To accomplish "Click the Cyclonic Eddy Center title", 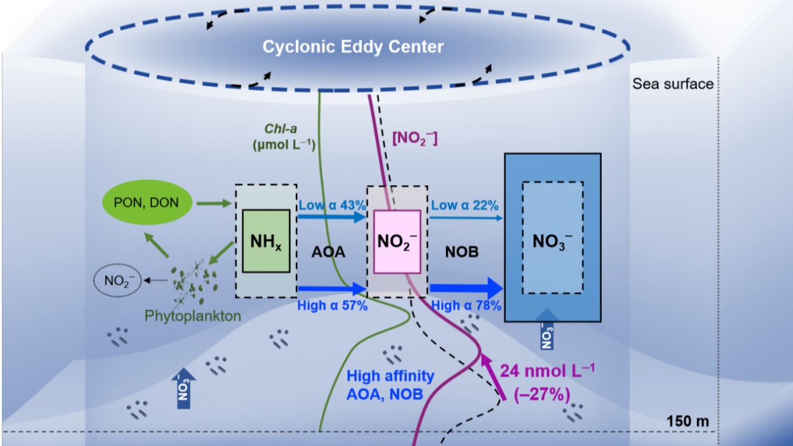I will [x=353, y=47].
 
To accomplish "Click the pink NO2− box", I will [x=396, y=242].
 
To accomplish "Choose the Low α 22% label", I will [x=464, y=205].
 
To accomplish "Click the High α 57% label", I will [x=331, y=306].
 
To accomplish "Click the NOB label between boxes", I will [x=462, y=252].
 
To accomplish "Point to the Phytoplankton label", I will [x=193, y=316].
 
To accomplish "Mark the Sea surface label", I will [x=673, y=84].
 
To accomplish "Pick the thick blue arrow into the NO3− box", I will [x=466, y=289].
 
